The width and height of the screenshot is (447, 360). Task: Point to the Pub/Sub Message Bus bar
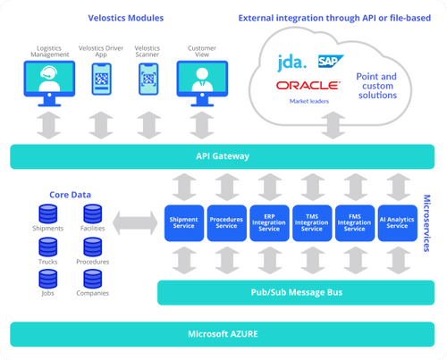(286, 292)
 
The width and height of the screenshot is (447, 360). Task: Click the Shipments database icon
(48, 213)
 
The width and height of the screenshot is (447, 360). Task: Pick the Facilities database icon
(92, 213)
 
